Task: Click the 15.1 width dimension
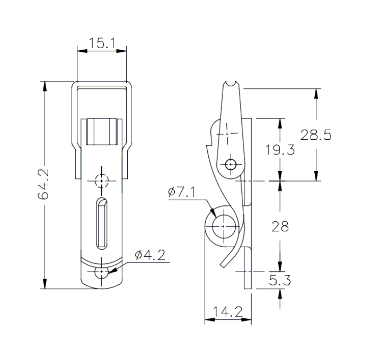point(101,43)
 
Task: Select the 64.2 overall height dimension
point(44,185)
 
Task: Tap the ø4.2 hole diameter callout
point(150,256)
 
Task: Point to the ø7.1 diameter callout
point(182,192)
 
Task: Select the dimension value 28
point(280,227)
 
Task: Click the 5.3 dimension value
point(280,280)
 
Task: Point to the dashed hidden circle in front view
point(101,181)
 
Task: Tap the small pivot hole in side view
point(230,164)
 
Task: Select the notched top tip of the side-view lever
point(231,85)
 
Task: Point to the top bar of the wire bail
point(101,83)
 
